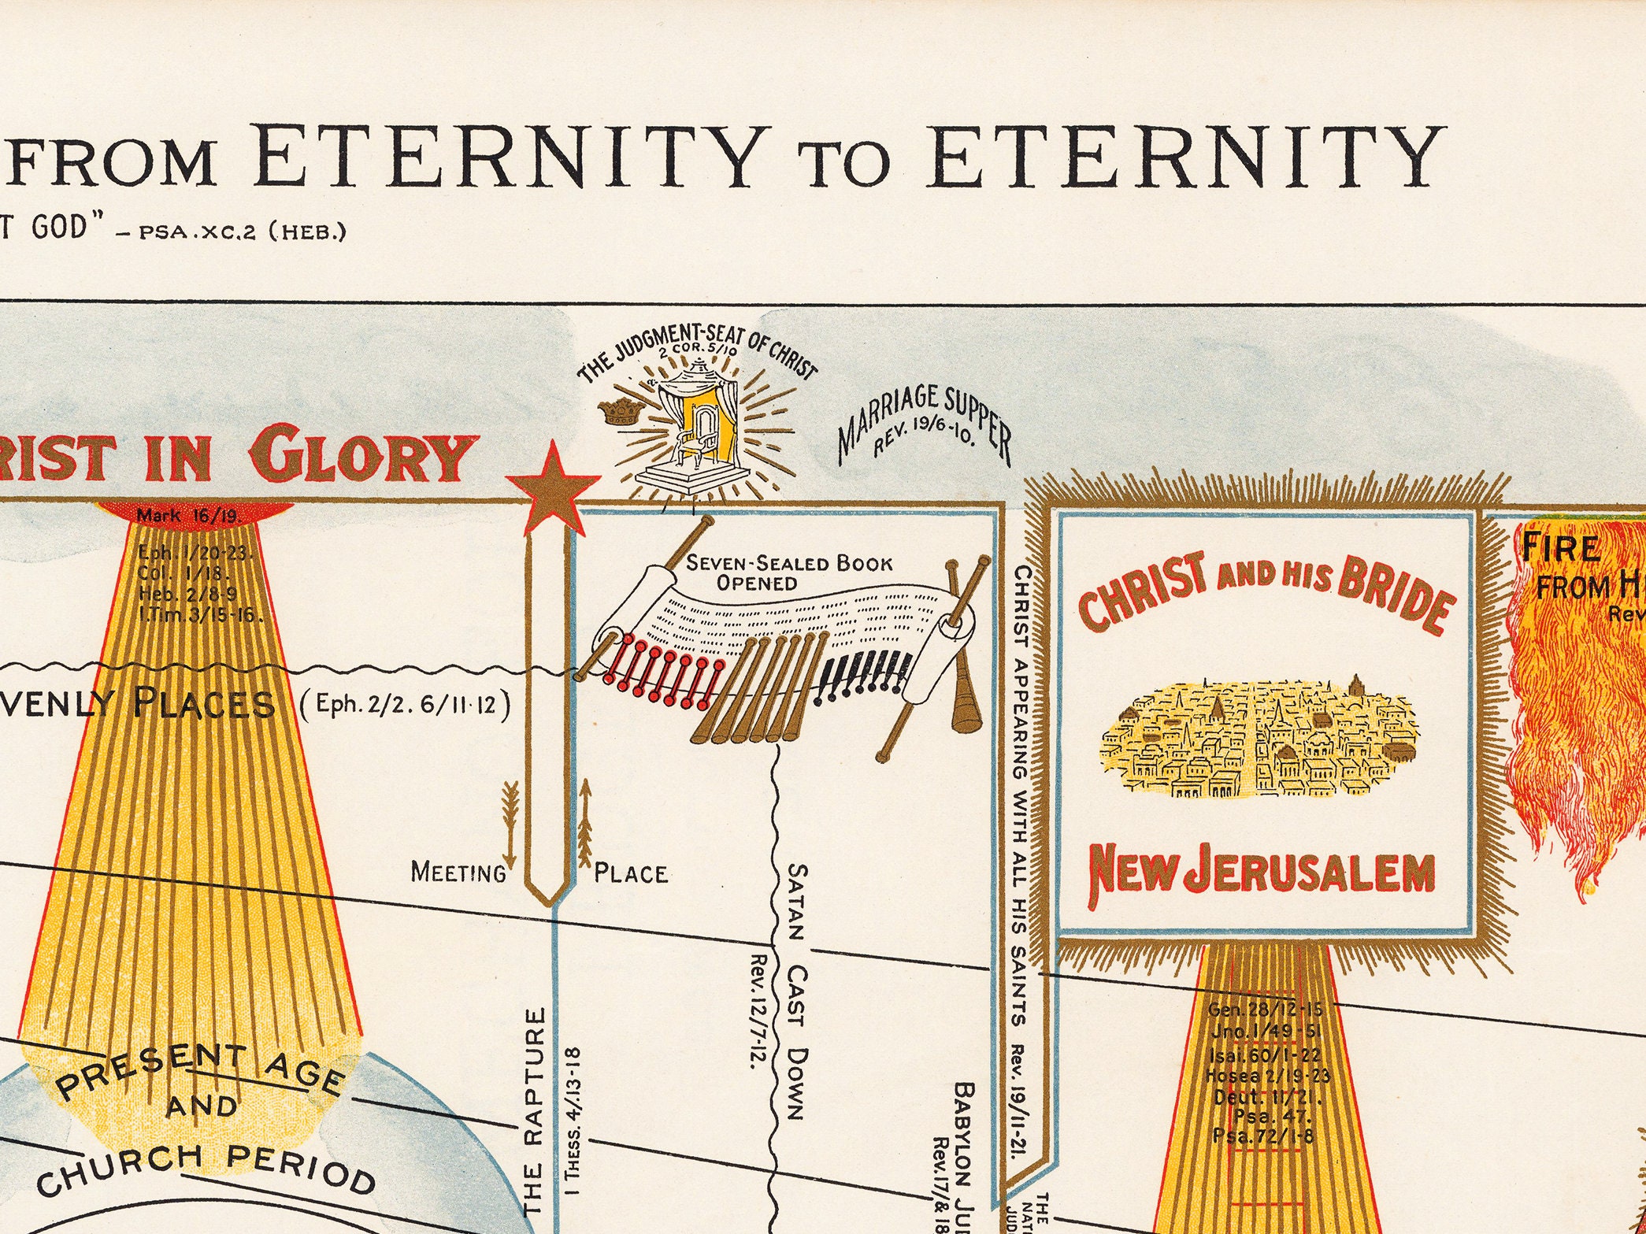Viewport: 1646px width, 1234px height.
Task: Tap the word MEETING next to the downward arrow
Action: tap(458, 873)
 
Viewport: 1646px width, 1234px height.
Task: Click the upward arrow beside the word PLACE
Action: tap(585, 823)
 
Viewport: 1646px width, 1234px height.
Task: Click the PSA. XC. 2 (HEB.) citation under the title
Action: tap(243, 233)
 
